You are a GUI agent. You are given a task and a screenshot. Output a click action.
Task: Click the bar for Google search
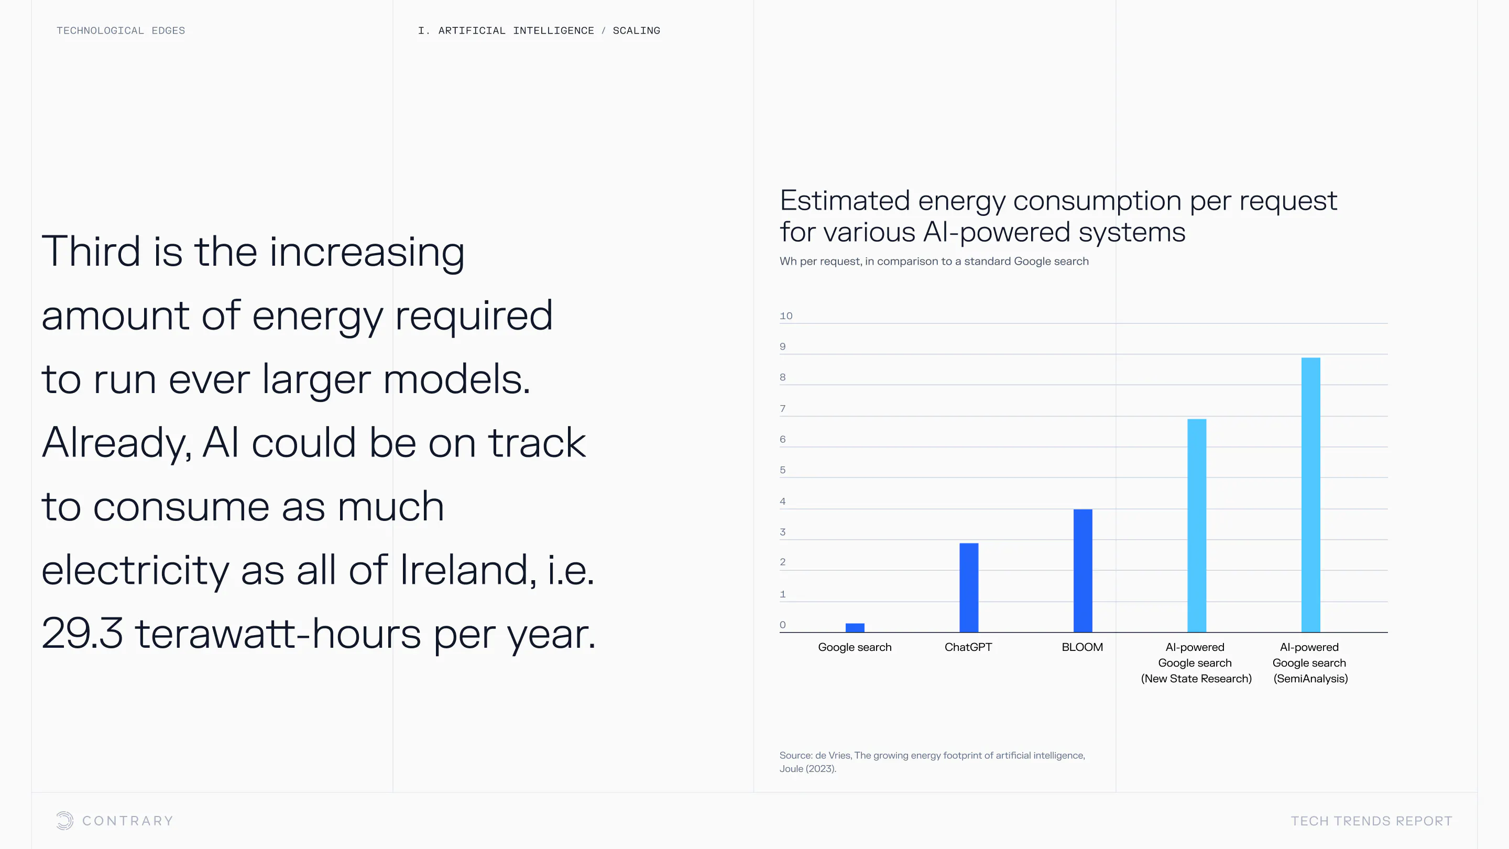(x=855, y=627)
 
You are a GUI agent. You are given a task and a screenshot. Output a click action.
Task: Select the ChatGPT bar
(x=969, y=587)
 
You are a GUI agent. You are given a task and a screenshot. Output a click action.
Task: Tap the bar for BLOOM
(x=1082, y=571)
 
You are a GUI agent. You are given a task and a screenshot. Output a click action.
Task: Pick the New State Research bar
(x=1197, y=526)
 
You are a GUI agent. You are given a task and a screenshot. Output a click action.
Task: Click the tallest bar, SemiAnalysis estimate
(x=1311, y=495)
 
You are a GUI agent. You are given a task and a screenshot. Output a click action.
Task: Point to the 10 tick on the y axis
(x=786, y=316)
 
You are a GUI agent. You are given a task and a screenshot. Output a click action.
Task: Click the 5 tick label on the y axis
(x=783, y=470)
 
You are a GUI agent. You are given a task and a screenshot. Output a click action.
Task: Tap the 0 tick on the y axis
(x=783, y=625)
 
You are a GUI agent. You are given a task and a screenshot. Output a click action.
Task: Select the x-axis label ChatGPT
(x=968, y=647)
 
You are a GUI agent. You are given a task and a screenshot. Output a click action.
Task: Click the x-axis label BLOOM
(x=1082, y=647)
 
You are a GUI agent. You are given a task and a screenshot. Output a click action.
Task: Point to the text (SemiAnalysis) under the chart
(x=1311, y=679)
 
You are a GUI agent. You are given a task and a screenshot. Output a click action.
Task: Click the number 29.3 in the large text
(x=82, y=634)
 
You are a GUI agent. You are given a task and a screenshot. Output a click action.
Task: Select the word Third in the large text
(x=91, y=252)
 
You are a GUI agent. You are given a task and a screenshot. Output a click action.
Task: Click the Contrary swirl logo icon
(x=65, y=820)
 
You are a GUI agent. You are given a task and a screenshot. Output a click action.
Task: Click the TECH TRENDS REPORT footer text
(x=1371, y=821)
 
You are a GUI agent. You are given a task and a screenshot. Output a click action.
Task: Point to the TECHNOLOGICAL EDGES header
(x=121, y=30)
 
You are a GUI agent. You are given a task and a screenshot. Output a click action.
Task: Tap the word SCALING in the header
(x=636, y=30)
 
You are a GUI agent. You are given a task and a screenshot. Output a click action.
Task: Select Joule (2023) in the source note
(x=807, y=769)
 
